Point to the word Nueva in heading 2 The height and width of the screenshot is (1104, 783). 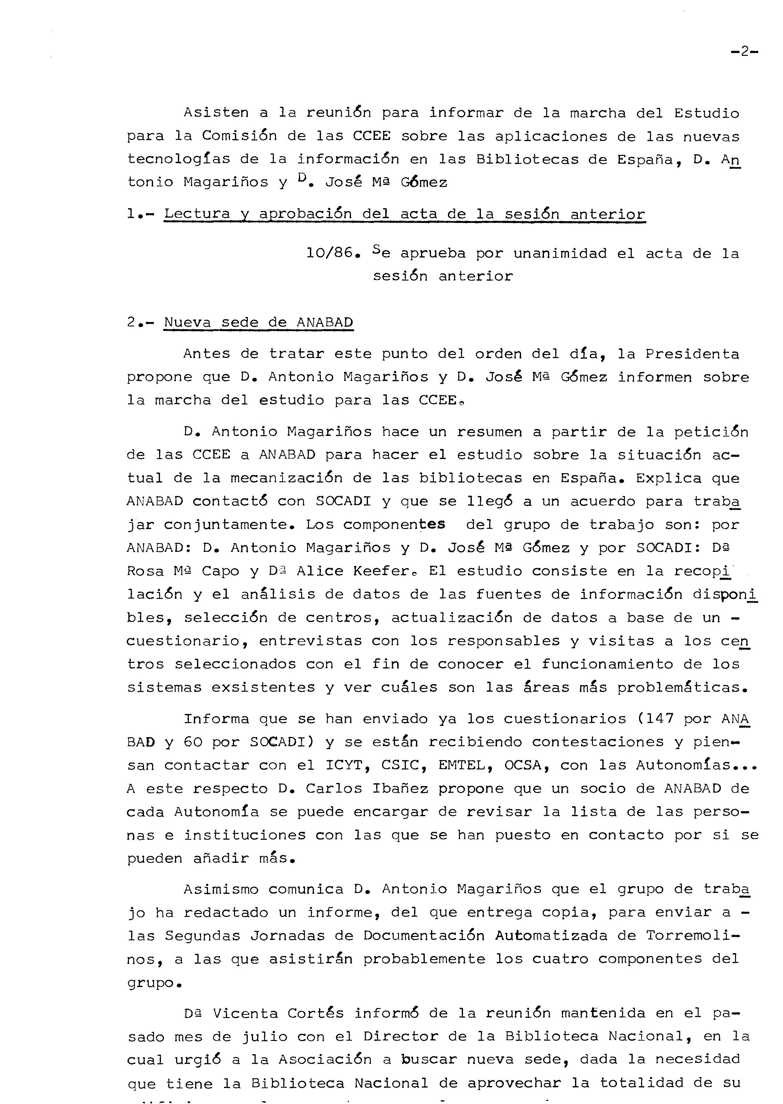tap(187, 322)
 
